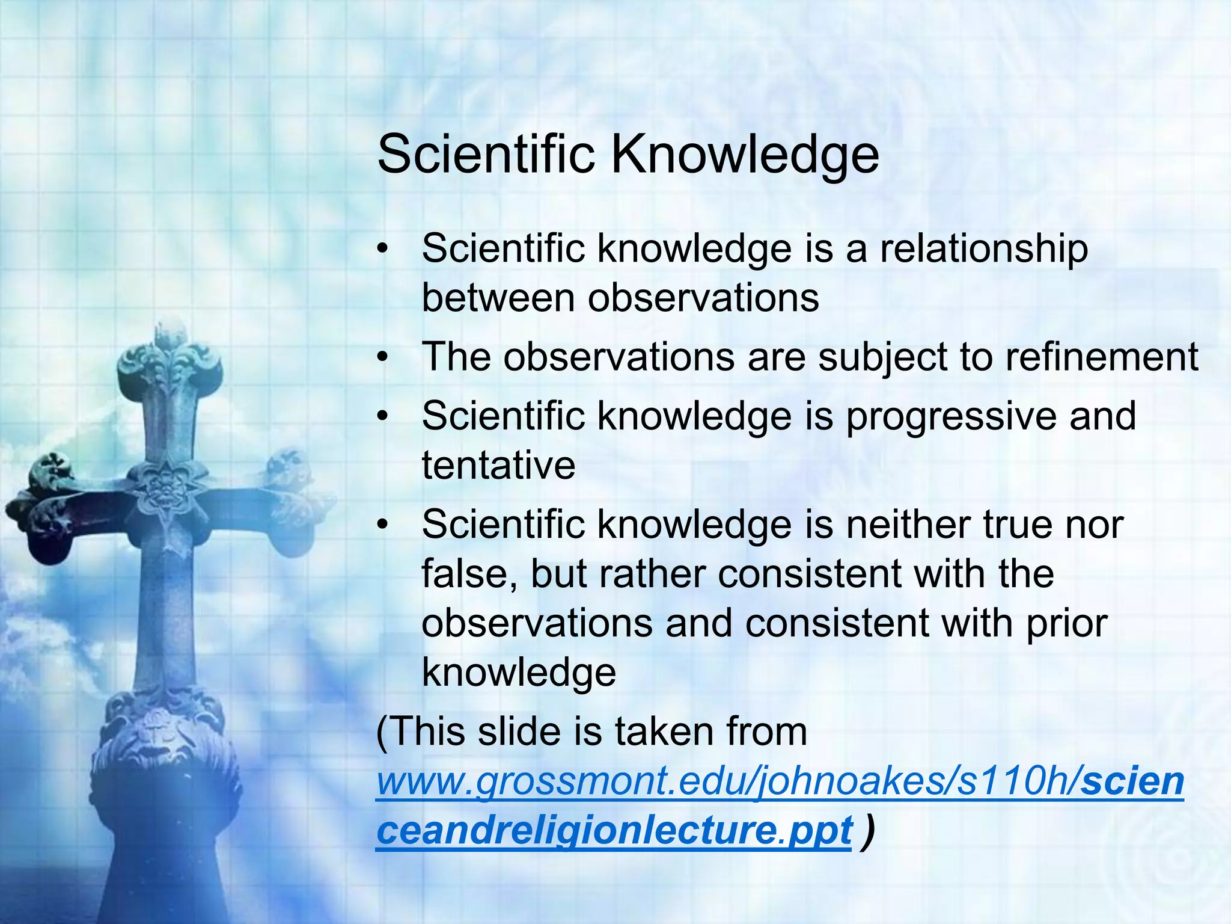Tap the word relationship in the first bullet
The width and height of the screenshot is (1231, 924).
(x=984, y=249)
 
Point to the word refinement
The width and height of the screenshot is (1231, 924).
(x=1102, y=357)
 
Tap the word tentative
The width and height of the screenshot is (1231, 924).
(x=498, y=466)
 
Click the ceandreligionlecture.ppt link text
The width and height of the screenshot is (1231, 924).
(x=614, y=831)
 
